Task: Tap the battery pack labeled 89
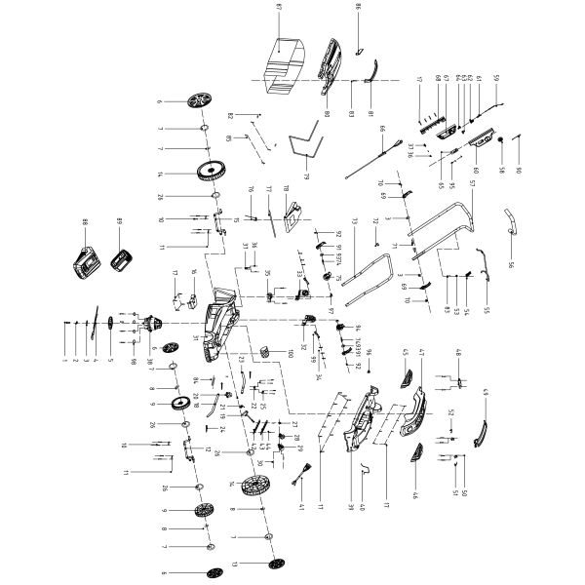pyautogui.click(x=123, y=260)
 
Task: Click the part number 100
pyautogui.click(x=290, y=352)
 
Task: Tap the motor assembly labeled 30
pyautogui.click(x=151, y=327)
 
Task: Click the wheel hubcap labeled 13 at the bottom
pyautogui.click(x=273, y=565)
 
